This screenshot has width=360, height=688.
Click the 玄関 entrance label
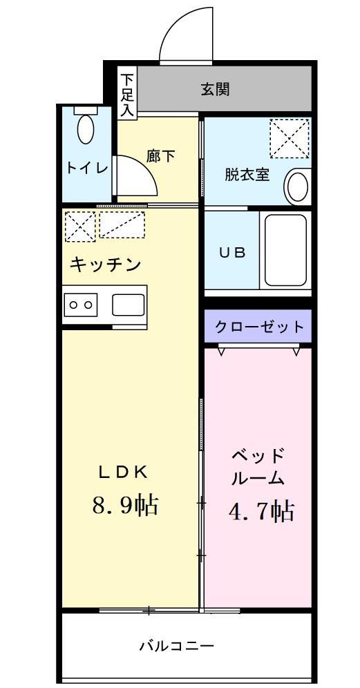tap(215, 89)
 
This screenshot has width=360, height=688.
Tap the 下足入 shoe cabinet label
tap(126, 94)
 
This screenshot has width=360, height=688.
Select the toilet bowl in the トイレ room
tap(86, 128)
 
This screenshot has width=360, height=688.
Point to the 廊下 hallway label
tap(161, 156)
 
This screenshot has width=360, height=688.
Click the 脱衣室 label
tap(247, 174)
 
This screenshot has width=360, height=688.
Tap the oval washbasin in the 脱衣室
tap(298, 185)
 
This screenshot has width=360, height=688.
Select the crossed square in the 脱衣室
tap(290, 138)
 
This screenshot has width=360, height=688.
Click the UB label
tap(232, 252)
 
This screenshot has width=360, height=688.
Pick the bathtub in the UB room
tap(285, 251)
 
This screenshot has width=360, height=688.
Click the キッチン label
tap(106, 265)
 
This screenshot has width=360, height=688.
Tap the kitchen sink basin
tap(128, 304)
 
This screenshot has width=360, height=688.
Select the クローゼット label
tap(258, 327)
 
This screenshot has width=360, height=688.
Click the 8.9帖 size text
tap(125, 505)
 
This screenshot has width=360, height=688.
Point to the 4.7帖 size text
tap(261, 511)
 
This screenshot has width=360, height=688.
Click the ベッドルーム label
tap(257, 466)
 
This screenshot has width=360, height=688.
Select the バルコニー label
tap(176, 647)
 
